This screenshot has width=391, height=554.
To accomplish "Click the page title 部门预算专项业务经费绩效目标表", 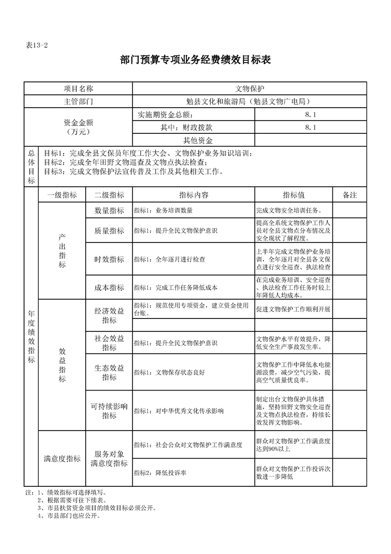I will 196,60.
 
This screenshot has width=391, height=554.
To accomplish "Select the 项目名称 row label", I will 78,88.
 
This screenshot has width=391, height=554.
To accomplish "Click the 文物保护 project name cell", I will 249,88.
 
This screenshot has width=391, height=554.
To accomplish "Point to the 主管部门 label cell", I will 78,102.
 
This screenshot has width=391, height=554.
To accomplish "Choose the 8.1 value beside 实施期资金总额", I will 311,115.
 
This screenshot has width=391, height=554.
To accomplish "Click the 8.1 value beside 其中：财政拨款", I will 311,127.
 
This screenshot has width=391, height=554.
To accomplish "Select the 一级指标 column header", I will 62,195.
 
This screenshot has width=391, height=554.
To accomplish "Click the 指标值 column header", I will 294,195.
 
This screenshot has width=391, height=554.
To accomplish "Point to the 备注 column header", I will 350,195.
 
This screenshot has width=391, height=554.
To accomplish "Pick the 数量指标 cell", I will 109,210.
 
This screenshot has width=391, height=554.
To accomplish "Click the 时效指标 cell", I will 109,259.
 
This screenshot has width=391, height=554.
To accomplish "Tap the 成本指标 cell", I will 109,287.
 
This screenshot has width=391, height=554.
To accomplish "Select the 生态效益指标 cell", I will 109,373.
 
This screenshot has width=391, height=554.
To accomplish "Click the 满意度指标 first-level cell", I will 62,459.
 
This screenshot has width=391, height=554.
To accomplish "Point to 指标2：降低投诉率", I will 160,473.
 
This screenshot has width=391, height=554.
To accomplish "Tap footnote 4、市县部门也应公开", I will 69,516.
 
